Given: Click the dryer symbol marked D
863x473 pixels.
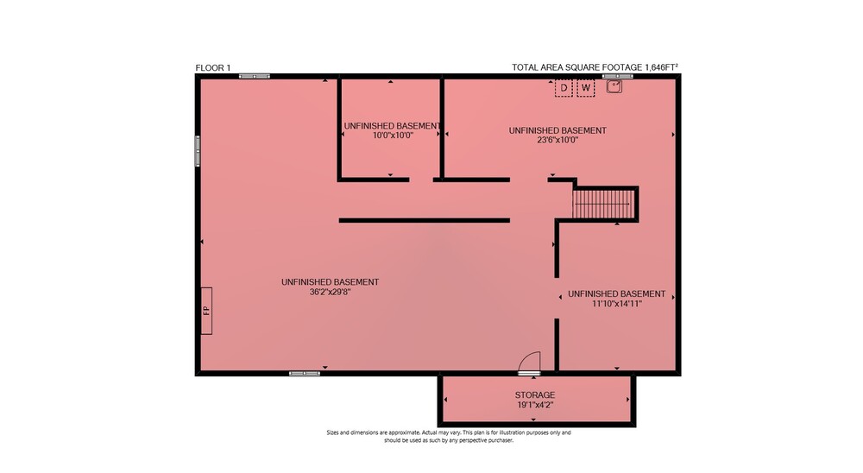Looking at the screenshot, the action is point(564,88).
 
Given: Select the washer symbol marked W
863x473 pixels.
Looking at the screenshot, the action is point(586,88).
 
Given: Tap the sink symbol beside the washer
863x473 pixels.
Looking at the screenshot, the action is point(614,86).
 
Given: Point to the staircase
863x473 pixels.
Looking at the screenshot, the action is point(604,205).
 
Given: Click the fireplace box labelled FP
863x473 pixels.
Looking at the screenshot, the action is point(206,311).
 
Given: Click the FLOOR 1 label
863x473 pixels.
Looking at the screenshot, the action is point(213,67).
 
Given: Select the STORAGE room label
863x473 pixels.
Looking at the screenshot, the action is point(535,394).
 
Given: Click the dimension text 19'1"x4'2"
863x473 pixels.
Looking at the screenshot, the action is point(535,405).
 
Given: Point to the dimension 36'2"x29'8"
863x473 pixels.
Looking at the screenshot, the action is point(331,292).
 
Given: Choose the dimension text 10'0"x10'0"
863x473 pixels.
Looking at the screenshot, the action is point(393,135).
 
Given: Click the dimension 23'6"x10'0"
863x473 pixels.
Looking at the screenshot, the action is point(557,140).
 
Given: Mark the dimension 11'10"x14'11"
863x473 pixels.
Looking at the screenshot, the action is point(616,304).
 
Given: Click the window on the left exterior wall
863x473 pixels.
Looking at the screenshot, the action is point(198,151).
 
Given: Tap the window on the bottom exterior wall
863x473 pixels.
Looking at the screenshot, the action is point(305,374).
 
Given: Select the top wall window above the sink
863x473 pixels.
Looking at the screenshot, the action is point(618,76).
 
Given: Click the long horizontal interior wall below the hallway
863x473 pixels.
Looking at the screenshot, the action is point(425,220).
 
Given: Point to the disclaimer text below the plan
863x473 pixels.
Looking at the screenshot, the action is point(449,436).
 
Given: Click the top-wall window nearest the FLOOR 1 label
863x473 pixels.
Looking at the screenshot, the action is point(255,76).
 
